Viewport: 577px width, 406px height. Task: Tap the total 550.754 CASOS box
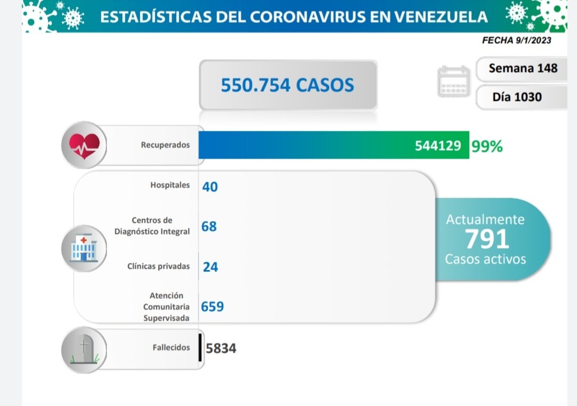pos(287,84)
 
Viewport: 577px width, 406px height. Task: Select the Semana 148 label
pos(523,68)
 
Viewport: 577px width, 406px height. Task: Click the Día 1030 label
pos(517,97)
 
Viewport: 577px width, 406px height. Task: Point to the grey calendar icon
pos(454,82)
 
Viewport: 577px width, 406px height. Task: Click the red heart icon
pos(84,145)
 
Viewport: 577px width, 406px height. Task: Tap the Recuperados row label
pos(165,145)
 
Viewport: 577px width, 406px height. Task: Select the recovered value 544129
pos(438,145)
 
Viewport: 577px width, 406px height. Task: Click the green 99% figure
pos(487,146)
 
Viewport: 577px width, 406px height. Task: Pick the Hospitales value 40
pos(210,186)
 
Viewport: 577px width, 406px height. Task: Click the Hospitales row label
pos(170,185)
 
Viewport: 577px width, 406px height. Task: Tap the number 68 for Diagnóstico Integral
pos(209,227)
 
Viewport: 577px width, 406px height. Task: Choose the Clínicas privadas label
pos(159,266)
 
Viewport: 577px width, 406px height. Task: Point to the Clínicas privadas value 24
pos(210,266)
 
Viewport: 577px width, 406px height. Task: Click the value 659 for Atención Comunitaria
pos(212,307)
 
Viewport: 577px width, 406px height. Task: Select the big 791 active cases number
pos(486,239)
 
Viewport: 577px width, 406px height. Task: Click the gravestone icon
pos(83,349)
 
